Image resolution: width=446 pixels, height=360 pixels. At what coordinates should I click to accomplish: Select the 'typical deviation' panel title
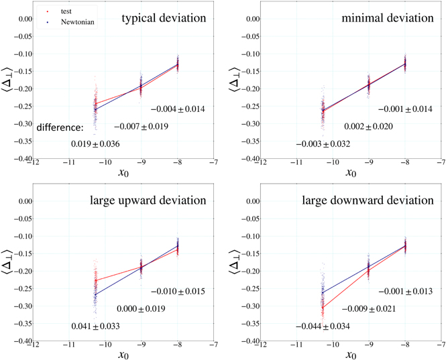[164, 18]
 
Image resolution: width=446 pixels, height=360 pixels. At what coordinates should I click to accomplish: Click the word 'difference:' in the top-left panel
[60, 127]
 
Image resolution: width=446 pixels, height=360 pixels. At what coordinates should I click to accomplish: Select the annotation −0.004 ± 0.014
[177, 109]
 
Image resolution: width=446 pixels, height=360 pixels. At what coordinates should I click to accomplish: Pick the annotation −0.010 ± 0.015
[177, 292]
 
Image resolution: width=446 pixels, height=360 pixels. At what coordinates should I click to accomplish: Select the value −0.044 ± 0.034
[325, 326]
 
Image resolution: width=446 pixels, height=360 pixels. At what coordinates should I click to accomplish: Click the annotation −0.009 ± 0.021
[369, 309]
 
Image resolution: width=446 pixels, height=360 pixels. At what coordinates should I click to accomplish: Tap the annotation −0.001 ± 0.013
[405, 292]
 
